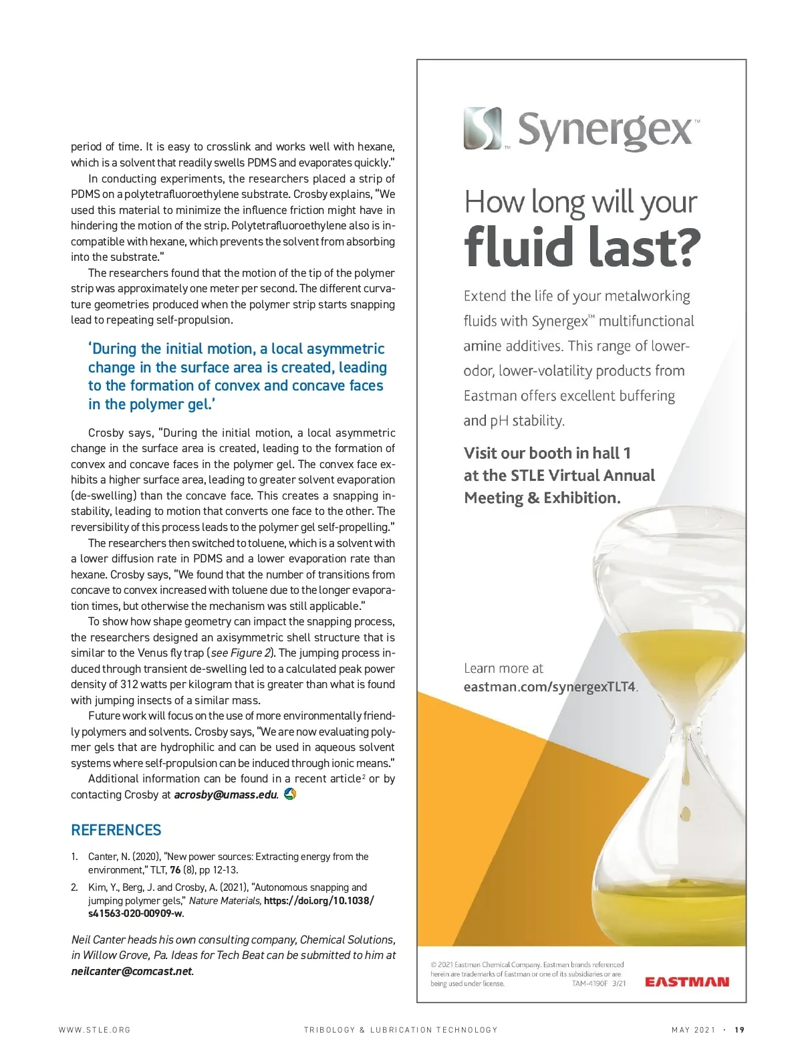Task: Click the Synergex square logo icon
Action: pos(483,128)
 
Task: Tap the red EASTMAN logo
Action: pos(686,982)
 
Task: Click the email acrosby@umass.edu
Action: pos(226,794)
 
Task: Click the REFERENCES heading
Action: pos(116,830)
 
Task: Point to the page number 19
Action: pos(739,1030)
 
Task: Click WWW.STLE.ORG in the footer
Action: pos(95,1030)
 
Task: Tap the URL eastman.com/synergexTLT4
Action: pos(550,687)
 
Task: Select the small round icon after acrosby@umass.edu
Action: pos(290,794)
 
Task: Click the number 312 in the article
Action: pos(129,684)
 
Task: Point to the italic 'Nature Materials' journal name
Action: pos(225,901)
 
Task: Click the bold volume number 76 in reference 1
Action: pos(175,870)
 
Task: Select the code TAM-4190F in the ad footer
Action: pos(589,984)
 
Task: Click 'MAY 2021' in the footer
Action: pos(693,1030)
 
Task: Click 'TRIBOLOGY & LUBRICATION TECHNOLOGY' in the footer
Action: pos(400,1030)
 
